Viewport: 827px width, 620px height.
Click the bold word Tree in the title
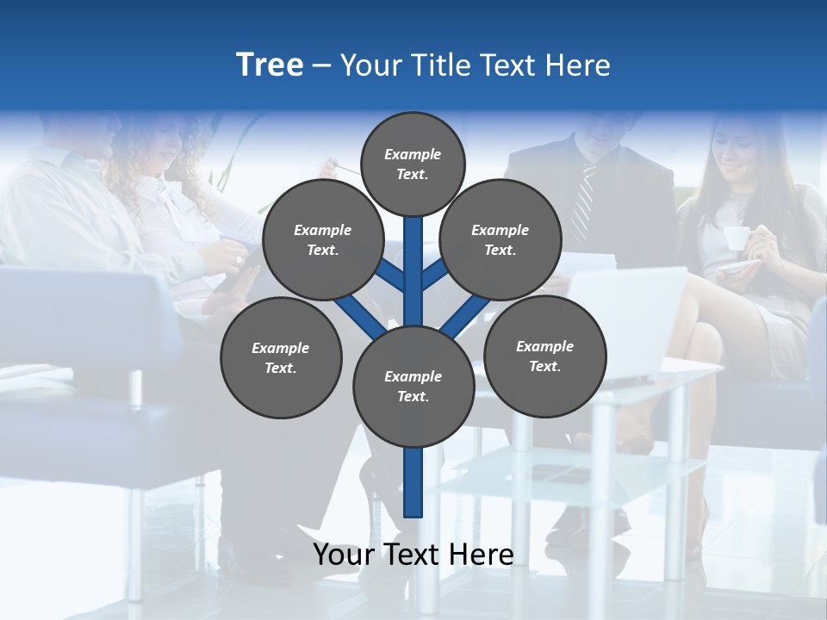(270, 65)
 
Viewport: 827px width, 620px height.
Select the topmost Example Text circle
(413, 164)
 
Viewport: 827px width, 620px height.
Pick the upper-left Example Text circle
(322, 240)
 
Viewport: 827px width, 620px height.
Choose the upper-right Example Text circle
(500, 240)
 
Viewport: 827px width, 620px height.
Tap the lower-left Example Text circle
(281, 357)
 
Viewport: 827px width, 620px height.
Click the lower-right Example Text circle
(544, 356)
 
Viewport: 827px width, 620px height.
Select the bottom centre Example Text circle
(413, 387)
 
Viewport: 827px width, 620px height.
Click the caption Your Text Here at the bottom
(413, 555)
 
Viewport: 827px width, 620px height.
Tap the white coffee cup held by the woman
(735, 238)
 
